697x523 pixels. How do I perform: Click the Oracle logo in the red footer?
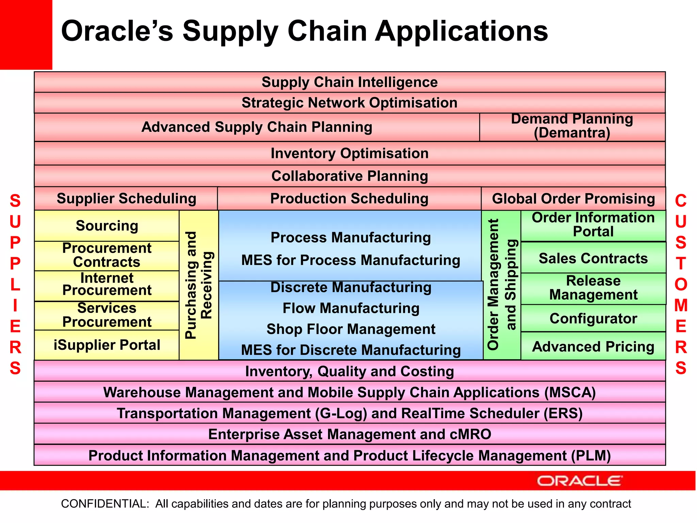580,481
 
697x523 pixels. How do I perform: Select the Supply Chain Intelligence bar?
350,82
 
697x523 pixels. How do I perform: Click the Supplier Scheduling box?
126,199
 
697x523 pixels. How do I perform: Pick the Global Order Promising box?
573,199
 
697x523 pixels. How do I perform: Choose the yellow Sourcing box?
107,226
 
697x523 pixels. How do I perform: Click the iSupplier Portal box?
107,345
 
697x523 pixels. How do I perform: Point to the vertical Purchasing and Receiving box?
199,285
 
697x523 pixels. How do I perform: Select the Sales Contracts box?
593,258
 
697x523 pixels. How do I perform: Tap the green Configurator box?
593,318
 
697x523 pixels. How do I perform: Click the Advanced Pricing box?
593,346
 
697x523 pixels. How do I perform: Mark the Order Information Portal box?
593,225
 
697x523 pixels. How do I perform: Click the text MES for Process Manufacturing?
351,260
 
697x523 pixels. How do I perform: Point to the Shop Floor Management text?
351,329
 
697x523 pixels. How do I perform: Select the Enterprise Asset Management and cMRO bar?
350,434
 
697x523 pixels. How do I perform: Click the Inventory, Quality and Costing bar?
350,371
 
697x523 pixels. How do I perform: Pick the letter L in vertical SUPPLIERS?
15,285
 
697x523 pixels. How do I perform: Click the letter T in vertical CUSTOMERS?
680,264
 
